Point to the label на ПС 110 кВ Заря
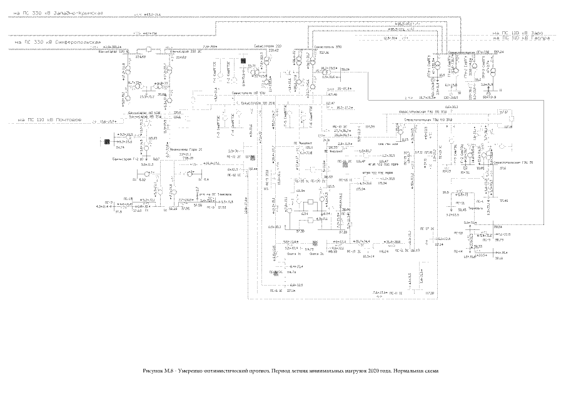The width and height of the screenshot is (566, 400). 518,32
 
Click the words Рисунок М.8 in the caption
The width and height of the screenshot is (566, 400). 157,371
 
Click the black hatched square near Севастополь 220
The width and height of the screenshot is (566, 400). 242,61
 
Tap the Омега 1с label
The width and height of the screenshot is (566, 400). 294,254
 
